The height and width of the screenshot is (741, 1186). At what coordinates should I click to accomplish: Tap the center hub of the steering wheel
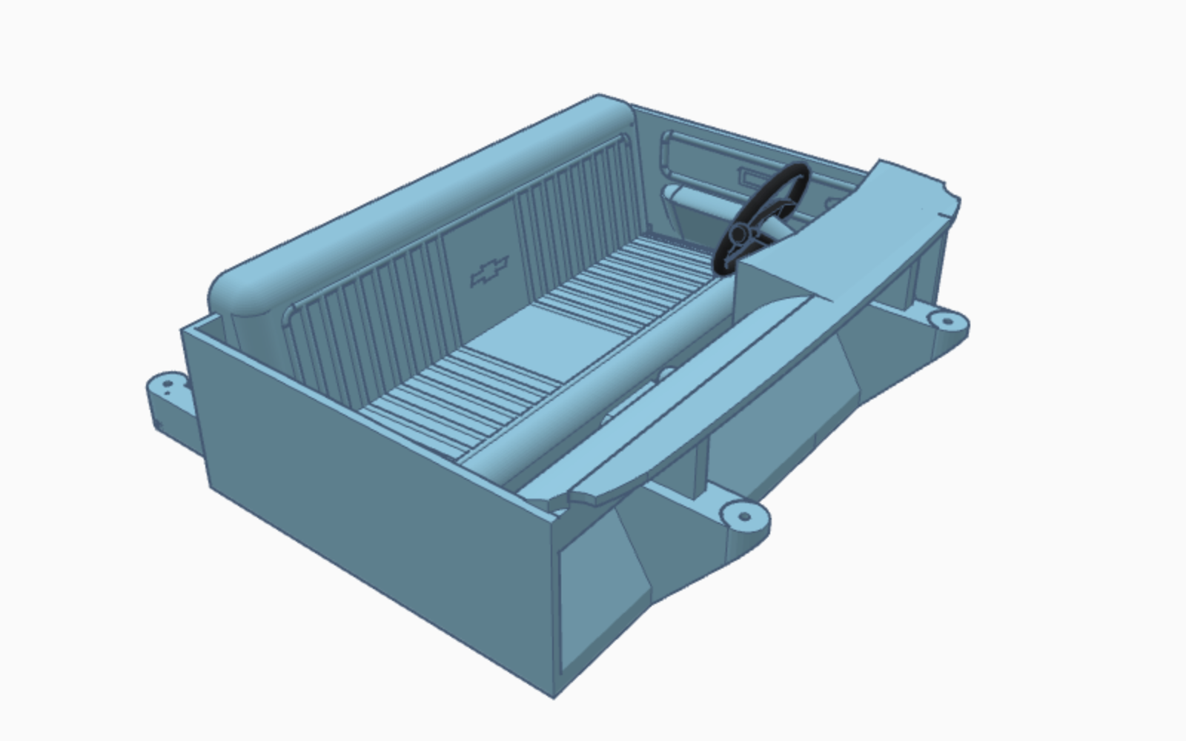pos(738,235)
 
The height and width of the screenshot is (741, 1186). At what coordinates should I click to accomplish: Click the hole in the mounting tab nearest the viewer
pos(744,516)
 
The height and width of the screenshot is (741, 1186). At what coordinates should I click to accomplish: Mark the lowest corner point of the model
pos(554,697)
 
